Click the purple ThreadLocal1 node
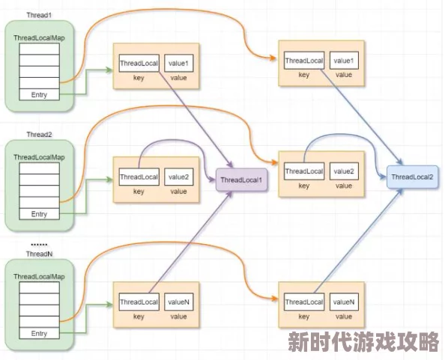[241, 180]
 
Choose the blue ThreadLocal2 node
[412, 177]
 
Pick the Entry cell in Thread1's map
[39, 95]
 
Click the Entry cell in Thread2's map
[39, 214]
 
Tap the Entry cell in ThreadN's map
[39, 333]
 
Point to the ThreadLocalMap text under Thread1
[39, 37]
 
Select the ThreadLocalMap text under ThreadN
[39, 277]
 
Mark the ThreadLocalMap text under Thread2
[39, 157]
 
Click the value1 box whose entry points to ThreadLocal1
[178, 63]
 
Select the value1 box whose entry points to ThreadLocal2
[343, 60]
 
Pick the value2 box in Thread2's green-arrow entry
[178, 177]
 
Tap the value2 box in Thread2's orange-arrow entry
[343, 171]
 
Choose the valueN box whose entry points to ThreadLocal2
[343, 302]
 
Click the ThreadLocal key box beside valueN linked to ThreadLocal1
[139, 302]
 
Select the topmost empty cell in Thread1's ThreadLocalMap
[39, 50]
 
